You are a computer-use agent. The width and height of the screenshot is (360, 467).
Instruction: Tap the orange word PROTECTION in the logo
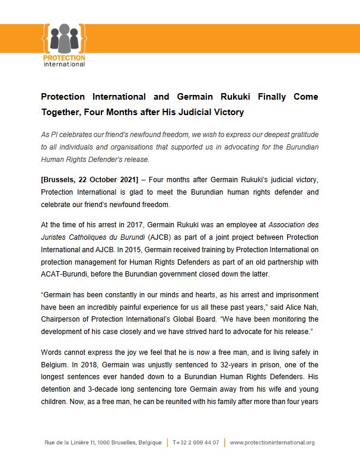(x=64, y=58)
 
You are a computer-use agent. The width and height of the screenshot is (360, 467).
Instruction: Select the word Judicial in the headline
(x=189, y=112)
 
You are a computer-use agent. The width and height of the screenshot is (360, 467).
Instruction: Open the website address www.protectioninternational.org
(x=272, y=443)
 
